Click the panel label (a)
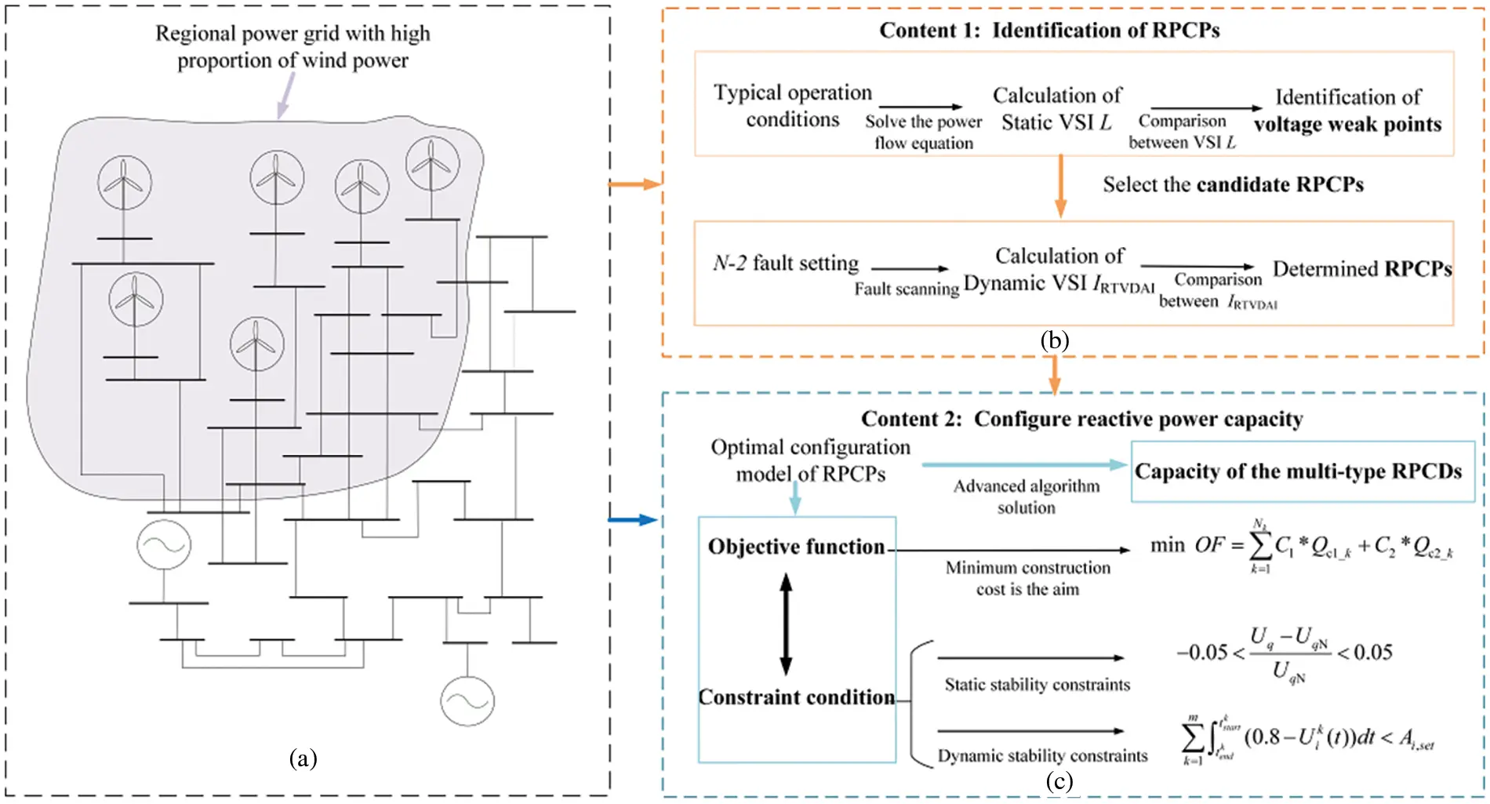coord(303,759)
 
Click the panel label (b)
coord(1054,340)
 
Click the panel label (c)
coord(1059,781)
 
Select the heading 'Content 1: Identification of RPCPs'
coord(1049,31)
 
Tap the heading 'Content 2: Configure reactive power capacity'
coord(1081,419)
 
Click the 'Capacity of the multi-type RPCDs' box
coord(1302,471)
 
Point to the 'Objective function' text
coord(796,547)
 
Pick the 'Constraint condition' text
coord(797,697)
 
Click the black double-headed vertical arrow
coord(786,624)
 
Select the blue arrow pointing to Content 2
coord(633,519)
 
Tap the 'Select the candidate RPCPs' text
coord(1233,184)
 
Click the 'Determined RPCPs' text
coord(1362,269)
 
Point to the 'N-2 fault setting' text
coord(786,263)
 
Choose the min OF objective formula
coord(1302,546)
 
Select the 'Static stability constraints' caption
coord(1037,685)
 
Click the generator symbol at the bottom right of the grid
coord(467,701)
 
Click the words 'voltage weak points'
coord(1347,125)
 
